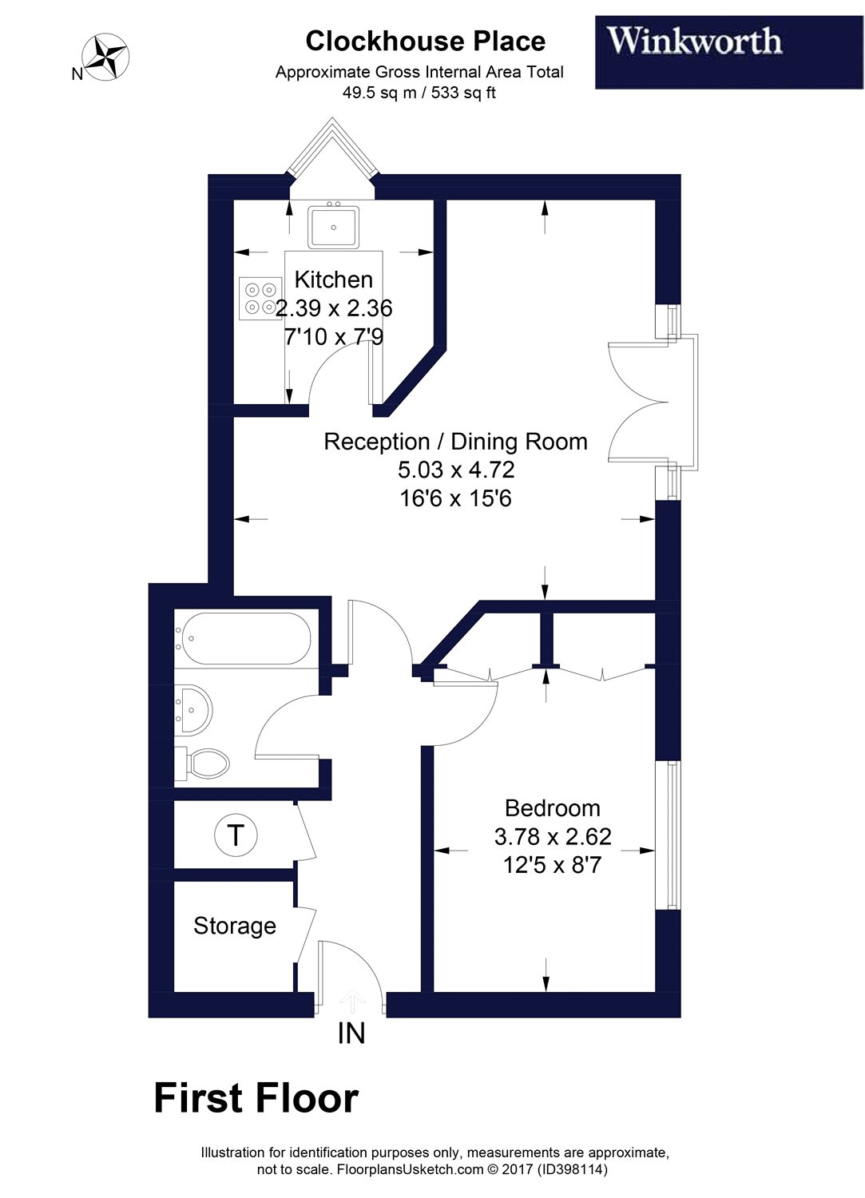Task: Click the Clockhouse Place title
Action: tap(425, 41)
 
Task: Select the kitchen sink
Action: tap(334, 226)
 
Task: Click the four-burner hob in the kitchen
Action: tap(260, 298)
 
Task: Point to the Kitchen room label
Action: tap(334, 280)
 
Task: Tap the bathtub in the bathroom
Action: tap(243, 639)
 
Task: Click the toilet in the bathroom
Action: tap(204, 764)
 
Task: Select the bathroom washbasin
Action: tap(193, 708)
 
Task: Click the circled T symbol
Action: tap(236, 835)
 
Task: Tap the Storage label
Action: tap(235, 926)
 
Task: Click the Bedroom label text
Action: tap(552, 808)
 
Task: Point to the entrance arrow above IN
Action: tap(351, 998)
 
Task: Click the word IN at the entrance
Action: tap(351, 1033)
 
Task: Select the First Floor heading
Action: tap(256, 1098)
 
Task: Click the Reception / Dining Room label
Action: tap(455, 442)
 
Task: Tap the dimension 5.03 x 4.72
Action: tap(455, 470)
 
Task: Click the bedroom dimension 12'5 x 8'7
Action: tap(552, 865)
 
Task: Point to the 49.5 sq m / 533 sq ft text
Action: tap(419, 93)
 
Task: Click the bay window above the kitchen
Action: tap(331, 152)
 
